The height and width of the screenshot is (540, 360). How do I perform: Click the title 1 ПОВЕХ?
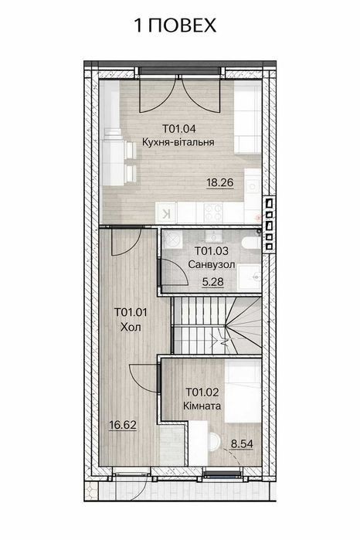point(175,25)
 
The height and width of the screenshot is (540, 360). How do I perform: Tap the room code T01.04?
point(178,129)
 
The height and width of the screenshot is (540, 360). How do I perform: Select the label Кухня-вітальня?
point(178,142)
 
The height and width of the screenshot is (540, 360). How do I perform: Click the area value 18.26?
point(220,182)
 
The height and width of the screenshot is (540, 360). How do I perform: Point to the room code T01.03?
point(212,251)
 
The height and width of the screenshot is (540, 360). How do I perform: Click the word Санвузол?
point(212,264)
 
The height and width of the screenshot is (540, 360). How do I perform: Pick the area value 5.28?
point(212,282)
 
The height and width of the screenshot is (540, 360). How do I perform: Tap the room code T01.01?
point(131,312)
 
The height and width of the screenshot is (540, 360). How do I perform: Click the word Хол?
point(131,327)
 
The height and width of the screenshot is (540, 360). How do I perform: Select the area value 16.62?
point(123,426)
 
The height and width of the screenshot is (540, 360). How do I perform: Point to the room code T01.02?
point(202,392)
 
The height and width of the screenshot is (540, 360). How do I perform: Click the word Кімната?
point(202,406)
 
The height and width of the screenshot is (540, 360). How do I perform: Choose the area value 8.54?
point(242,444)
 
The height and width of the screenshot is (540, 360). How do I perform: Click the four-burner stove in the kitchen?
point(213,212)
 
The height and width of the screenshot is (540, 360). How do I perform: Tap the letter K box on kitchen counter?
point(166,213)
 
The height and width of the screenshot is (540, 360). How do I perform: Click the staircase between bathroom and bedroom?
point(216,325)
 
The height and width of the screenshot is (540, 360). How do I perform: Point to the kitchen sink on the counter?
point(253,186)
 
